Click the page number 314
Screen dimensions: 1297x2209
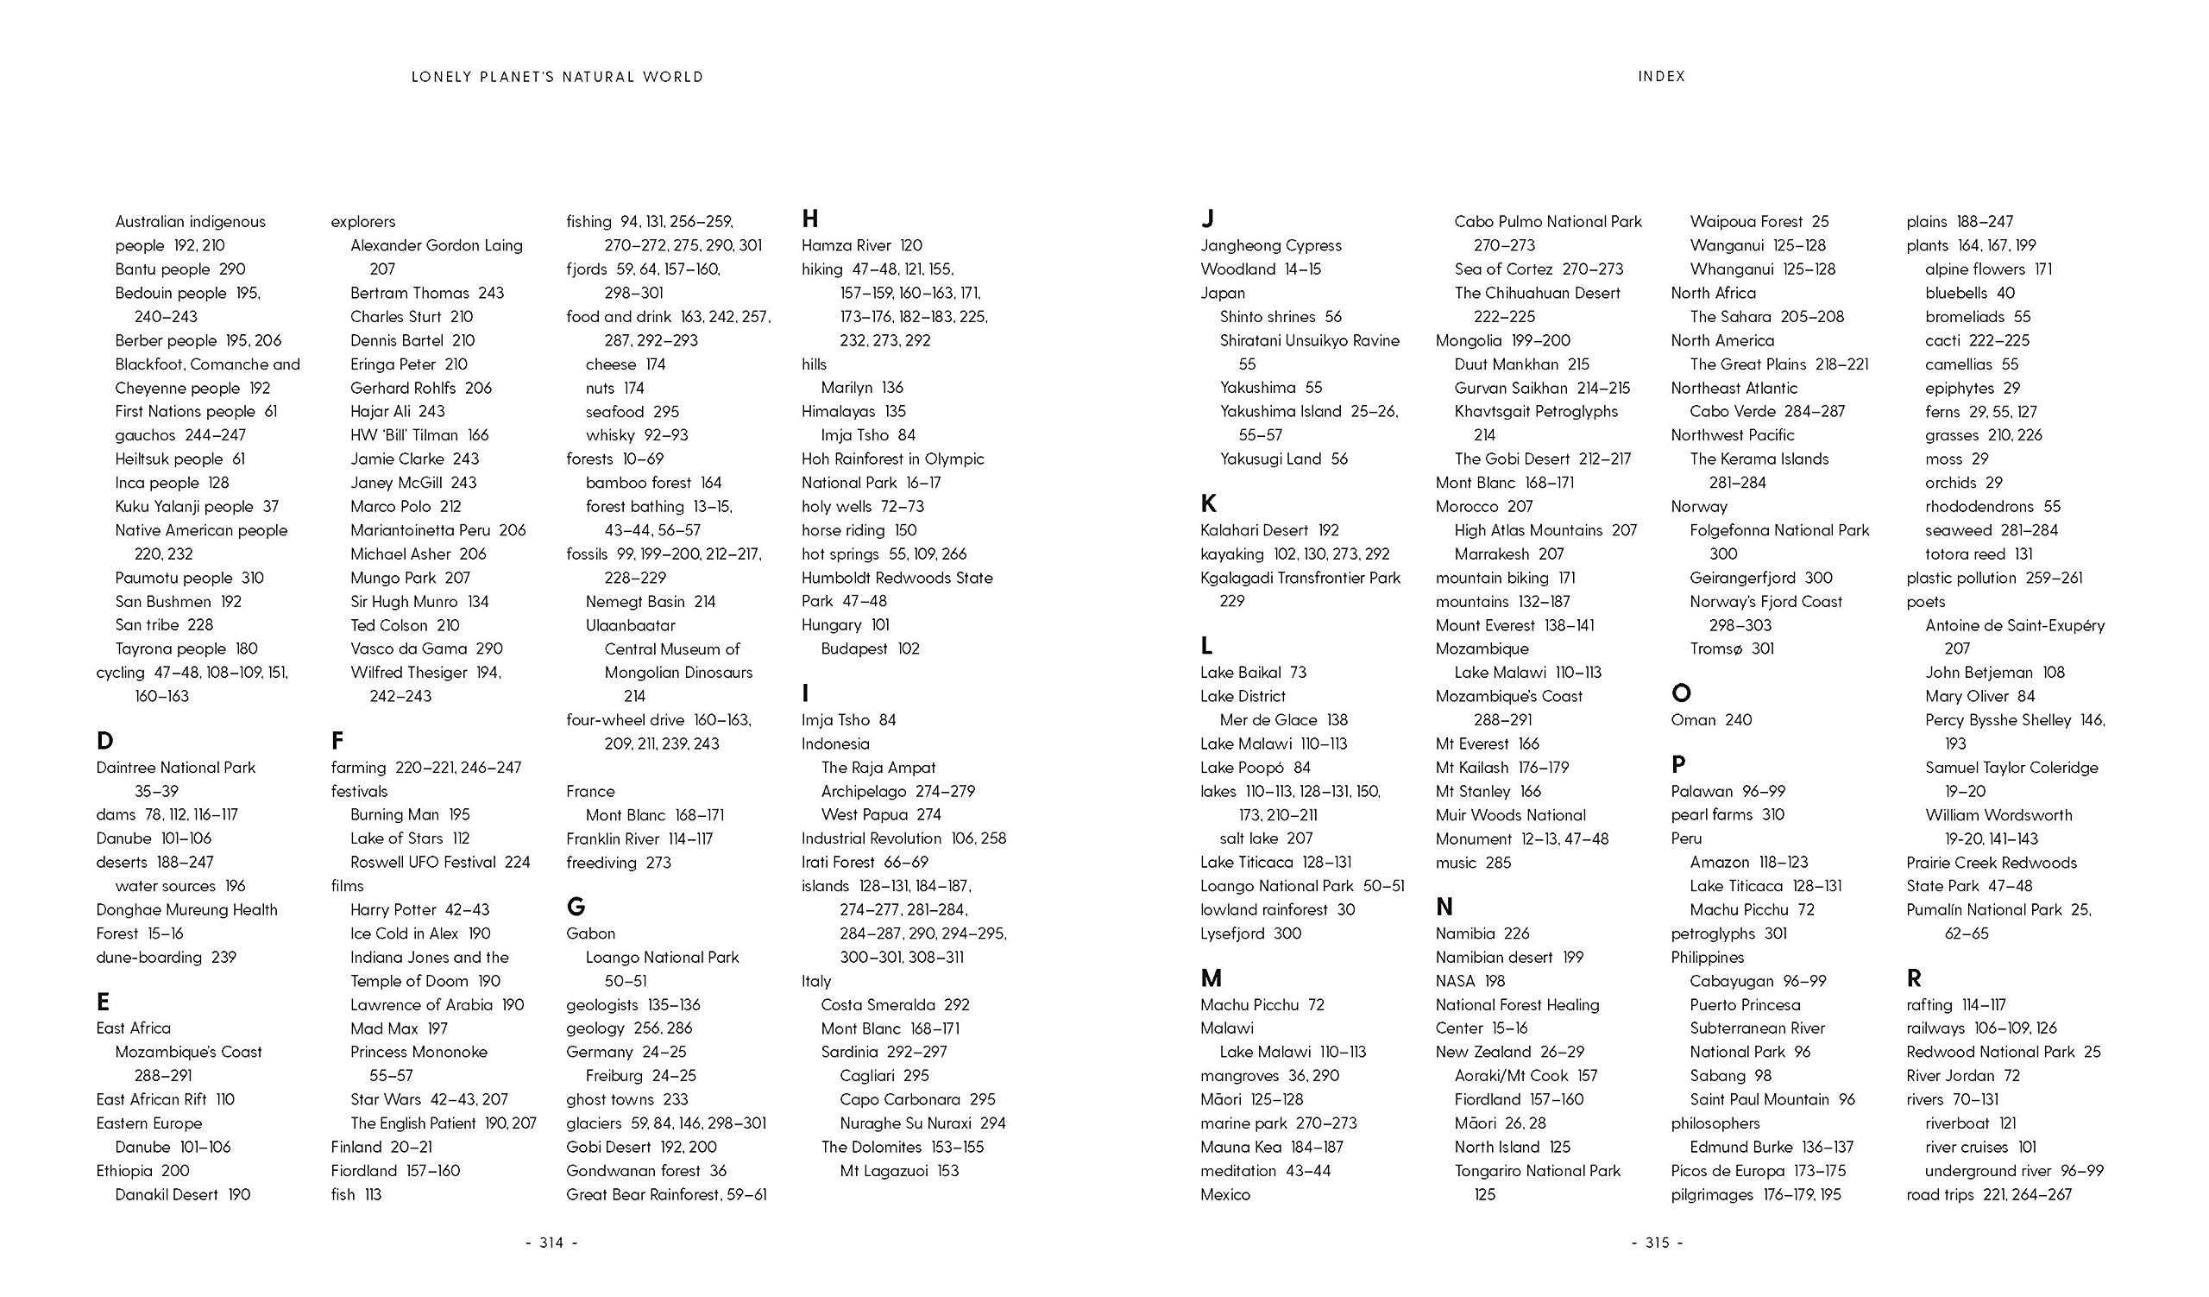coord(551,1243)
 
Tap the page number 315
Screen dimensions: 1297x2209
coord(1657,1243)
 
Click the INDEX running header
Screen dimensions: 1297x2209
coord(1661,76)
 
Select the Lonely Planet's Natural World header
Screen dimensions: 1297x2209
coord(557,77)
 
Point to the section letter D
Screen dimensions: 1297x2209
coord(105,741)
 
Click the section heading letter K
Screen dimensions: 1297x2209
coord(1209,503)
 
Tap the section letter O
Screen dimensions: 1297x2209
coord(1680,693)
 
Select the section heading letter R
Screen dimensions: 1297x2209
coord(1915,977)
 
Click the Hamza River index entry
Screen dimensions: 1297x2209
coord(862,245)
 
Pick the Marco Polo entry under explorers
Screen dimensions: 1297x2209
coord(405,506)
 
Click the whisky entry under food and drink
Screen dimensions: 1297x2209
coord(637,435)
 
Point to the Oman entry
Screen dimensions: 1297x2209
coord(1711,720)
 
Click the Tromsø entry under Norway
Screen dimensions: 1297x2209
coord(1731,649)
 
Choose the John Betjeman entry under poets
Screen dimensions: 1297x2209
coord(1994,673)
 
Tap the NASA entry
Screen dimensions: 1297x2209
coord(1470,980)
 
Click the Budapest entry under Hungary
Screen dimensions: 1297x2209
coord(870,649)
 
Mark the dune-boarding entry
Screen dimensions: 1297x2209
coord(167,957)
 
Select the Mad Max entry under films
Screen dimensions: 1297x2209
coord(399,1028)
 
